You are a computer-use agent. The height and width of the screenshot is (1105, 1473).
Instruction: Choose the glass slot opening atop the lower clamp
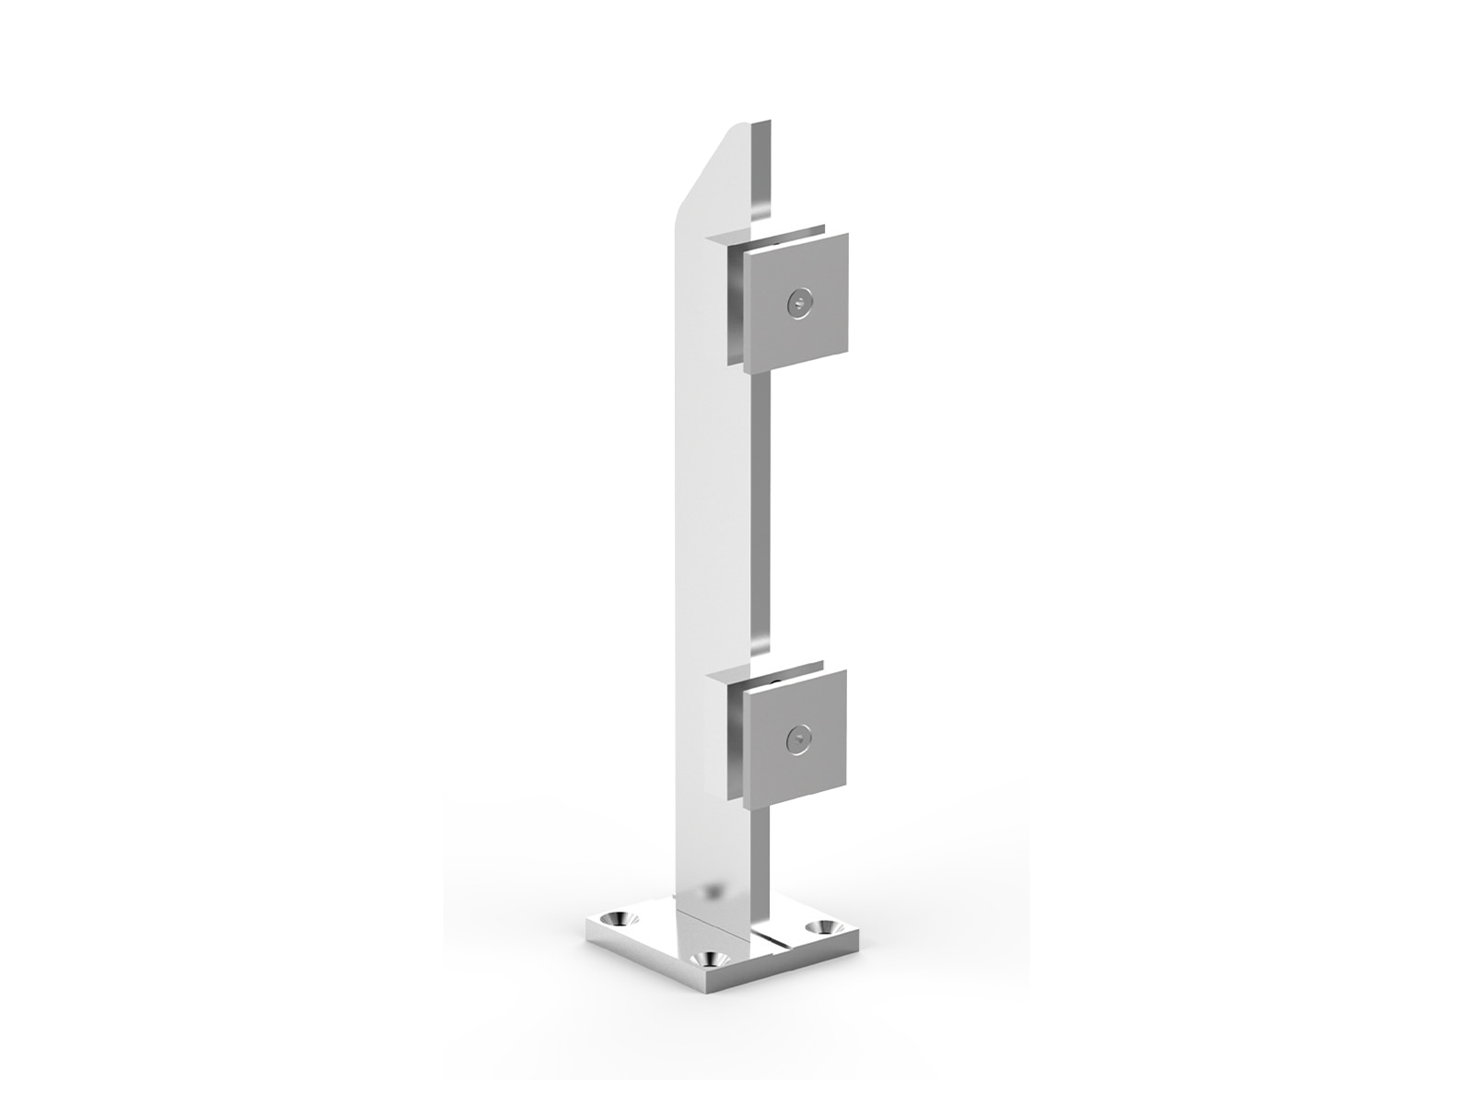point(783,667)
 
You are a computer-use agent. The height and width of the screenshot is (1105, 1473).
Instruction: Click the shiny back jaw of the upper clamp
point(736,304)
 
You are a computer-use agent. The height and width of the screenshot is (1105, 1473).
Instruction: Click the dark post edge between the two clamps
point(759,516)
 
